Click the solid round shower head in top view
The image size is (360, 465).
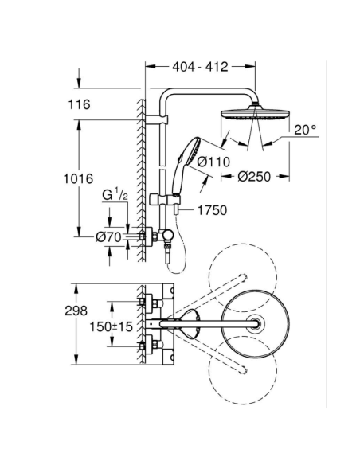point(252,323)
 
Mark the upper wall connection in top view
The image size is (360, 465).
point(146,302)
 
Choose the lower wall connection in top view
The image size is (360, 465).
point(146,346)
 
